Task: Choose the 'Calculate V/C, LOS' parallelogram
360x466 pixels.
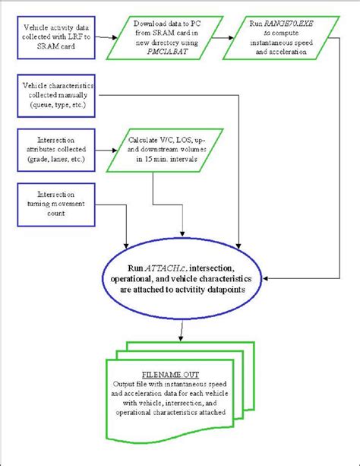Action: (x=166, y=149)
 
